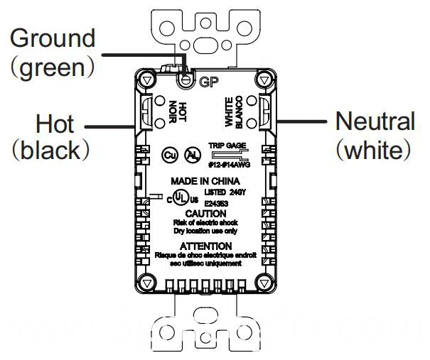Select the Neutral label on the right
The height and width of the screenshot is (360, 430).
[374, 121]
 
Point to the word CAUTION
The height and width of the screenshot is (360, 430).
[205, 213]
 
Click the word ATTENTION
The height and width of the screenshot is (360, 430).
[206, 246]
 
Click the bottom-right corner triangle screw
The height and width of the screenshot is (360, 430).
[266, 283]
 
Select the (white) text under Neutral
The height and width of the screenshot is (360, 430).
[374, 151]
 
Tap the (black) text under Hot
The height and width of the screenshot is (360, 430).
[54, 151]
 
